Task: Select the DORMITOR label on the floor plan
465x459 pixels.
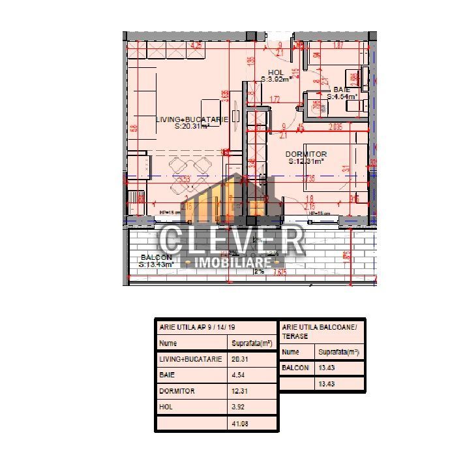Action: pyautogui.click(x=306, y=154)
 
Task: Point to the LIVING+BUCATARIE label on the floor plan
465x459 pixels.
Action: pyautogui.click(x=192, y=119)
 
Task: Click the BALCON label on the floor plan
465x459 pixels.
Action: pyautogui.click(x=157, y=257)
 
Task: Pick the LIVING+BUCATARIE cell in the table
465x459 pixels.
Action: pyautogui.click(x=190, y=359)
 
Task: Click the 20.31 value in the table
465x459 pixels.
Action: pyautogui.click(x=241, y=359)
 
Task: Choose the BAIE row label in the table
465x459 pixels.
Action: pyautogui.click(x=167, y=375)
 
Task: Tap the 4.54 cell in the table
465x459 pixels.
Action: pyautogui.click(x=239, y=375)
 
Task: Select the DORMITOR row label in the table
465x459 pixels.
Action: pyautogui.click(x=177, y=391)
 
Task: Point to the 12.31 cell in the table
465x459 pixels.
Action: pyautogui.click(x=241, y=391)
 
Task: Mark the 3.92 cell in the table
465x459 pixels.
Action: pyautogui.click(x=239, y=407)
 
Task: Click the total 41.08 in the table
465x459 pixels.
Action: pyautogui.click(x=241, y=424)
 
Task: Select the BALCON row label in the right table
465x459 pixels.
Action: pyautogui.click(x=295, y=368)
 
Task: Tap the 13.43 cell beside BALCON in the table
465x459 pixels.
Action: pyautogui.click(x=327, y=368)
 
